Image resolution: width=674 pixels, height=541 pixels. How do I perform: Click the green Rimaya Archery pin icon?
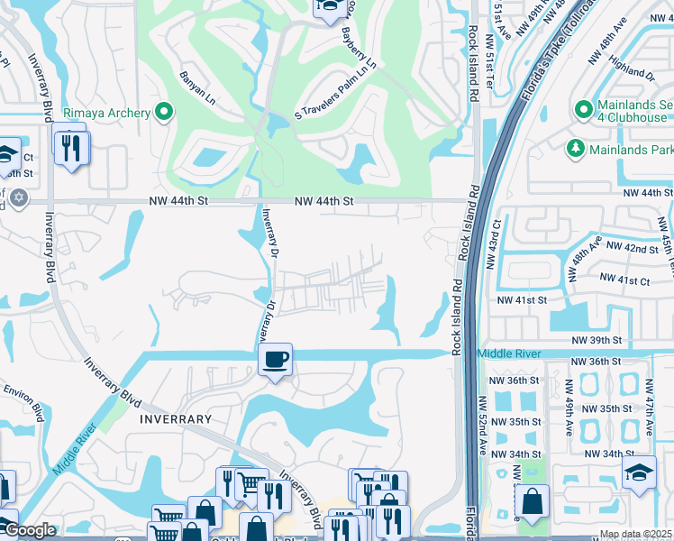coord(164,113)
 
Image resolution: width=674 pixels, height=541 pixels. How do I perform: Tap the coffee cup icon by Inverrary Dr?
coord(276,360)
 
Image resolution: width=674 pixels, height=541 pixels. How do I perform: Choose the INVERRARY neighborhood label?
coord(175,419)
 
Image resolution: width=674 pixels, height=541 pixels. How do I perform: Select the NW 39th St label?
coord(597,340)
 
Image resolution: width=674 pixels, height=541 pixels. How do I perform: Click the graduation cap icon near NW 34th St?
coord(639,471)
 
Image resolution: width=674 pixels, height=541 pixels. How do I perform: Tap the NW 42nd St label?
coord(633,247)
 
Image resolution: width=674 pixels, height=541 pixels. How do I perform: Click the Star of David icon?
coord(19,197)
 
